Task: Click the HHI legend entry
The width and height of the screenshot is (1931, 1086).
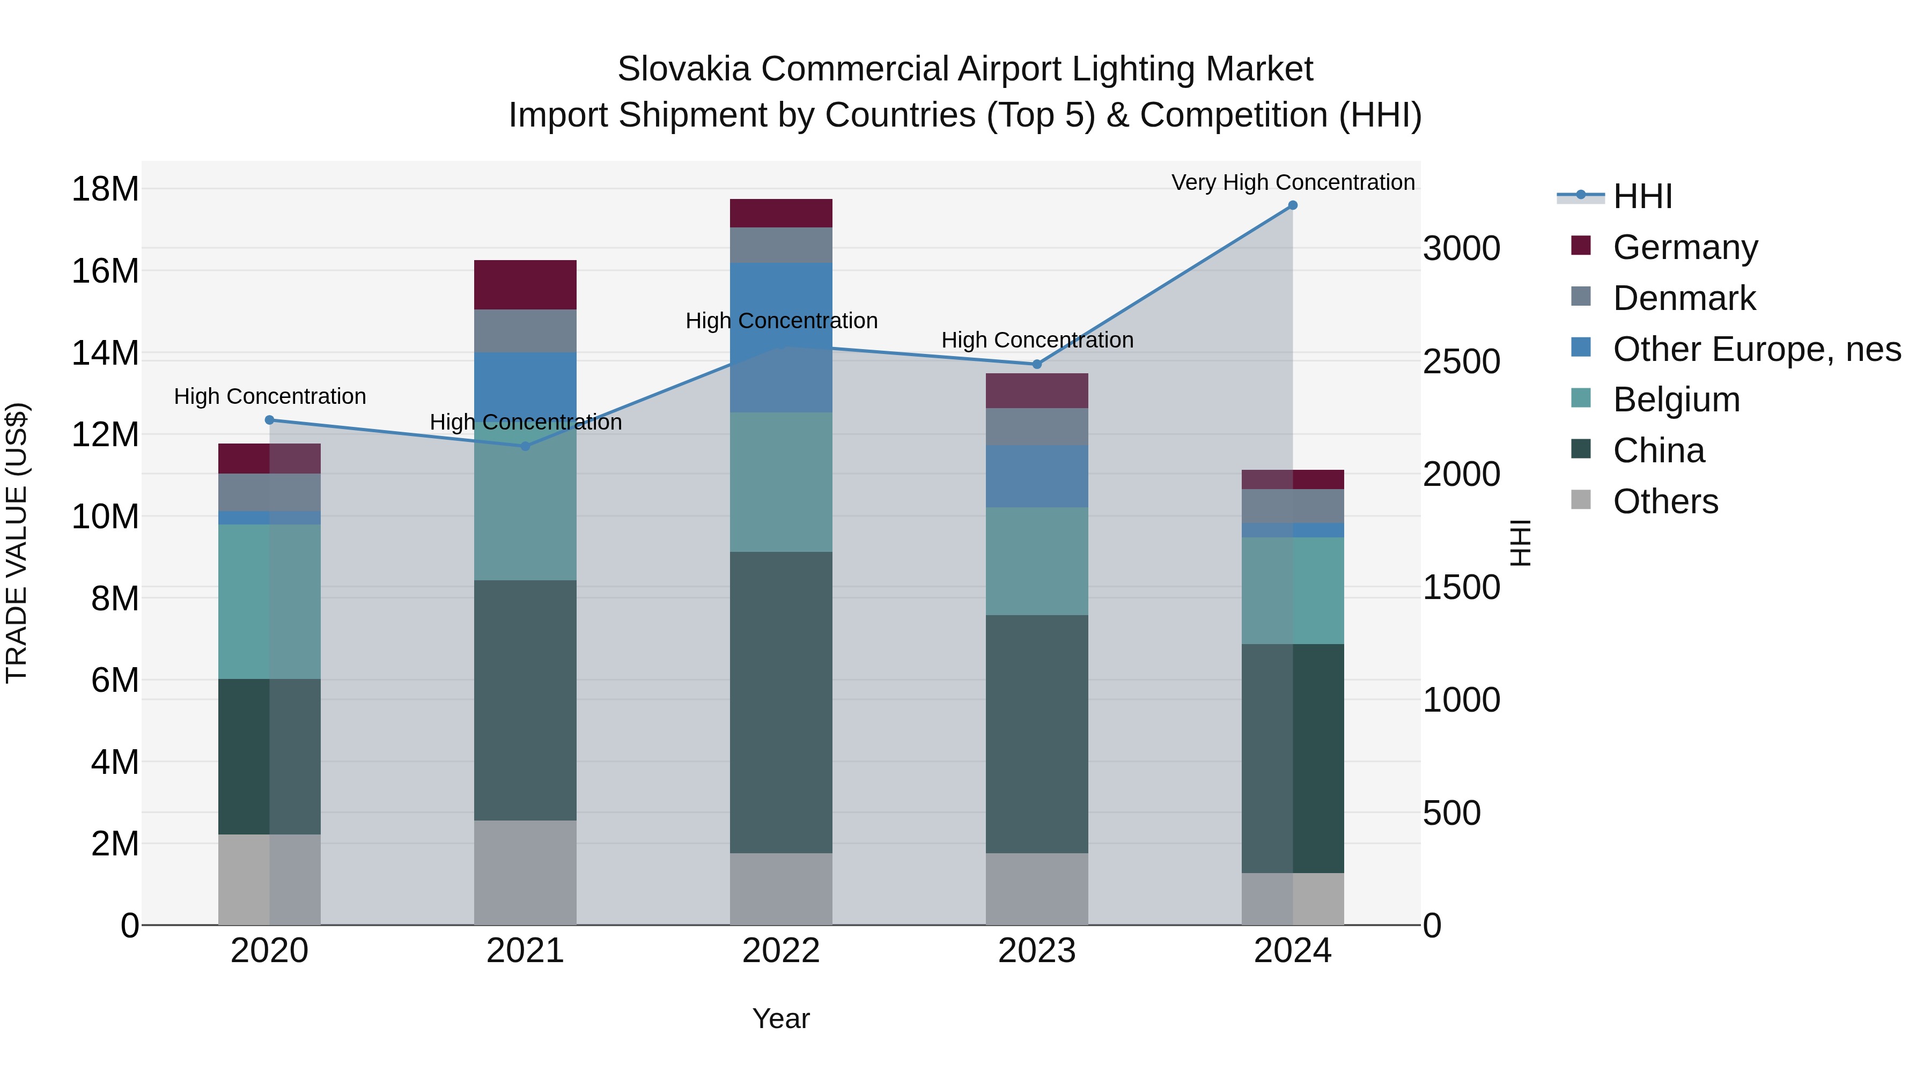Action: pyautogui.click(x=1642, y=196)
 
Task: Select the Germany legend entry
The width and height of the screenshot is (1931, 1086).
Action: pyautogui.click(x=1684, y=247)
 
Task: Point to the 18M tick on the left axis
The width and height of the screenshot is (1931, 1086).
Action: pyautogui.click(x=105, y=189)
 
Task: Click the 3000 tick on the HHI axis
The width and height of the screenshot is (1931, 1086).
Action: pyautogui.click(x=1461, y=249)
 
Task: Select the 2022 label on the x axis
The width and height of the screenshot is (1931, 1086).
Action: pyautogui.click(x=780, y=951)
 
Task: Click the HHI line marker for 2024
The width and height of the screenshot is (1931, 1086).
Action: pyautogui.click(x=1292, y=205)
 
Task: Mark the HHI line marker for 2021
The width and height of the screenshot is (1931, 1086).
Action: pyautogui.click(x=526, y=446)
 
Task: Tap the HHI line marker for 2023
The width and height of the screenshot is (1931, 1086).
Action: pyautogui.click(x=1037, y=364)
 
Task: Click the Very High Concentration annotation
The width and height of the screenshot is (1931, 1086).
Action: pyautogui.click(x=1292, y=182)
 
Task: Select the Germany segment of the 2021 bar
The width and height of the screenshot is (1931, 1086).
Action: pyautogui.click(x=526, y=285)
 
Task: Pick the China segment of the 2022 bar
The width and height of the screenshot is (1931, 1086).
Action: pyautogui.click(x=780, y=702)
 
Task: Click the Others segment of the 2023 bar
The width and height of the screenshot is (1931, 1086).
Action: pyautogui.click(x=1037, y=889)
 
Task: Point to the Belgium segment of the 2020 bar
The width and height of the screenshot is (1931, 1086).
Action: pyautogui.click(x=269, y=601)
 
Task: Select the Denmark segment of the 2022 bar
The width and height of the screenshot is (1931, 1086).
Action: pyautogui.click(x=780, y=245)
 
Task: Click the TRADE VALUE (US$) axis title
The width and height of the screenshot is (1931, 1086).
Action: pyautogui.click(x=17, y=543)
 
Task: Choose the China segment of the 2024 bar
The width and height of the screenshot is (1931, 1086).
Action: pyautogui.click(x=1292, y=758)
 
